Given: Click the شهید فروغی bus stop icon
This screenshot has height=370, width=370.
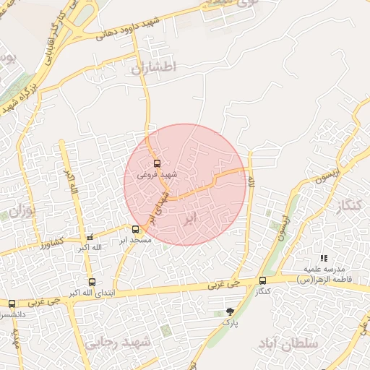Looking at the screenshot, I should coord(157,163).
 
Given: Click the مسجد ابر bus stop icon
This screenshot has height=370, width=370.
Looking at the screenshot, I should coord(136,229).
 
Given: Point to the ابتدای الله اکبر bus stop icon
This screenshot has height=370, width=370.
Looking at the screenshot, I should coord(92,283).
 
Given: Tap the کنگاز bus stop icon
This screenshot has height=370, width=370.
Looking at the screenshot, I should coord(262,280).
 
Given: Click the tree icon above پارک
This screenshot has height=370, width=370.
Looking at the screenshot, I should coord(230,311).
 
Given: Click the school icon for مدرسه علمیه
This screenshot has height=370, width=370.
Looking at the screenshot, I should coord(324,258).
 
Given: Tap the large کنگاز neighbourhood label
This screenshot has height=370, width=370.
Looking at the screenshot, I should coord(348,206).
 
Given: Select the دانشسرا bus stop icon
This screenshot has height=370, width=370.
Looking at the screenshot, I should coord(12,304).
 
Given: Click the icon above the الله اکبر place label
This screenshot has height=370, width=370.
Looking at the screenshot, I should coord(90,237).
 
